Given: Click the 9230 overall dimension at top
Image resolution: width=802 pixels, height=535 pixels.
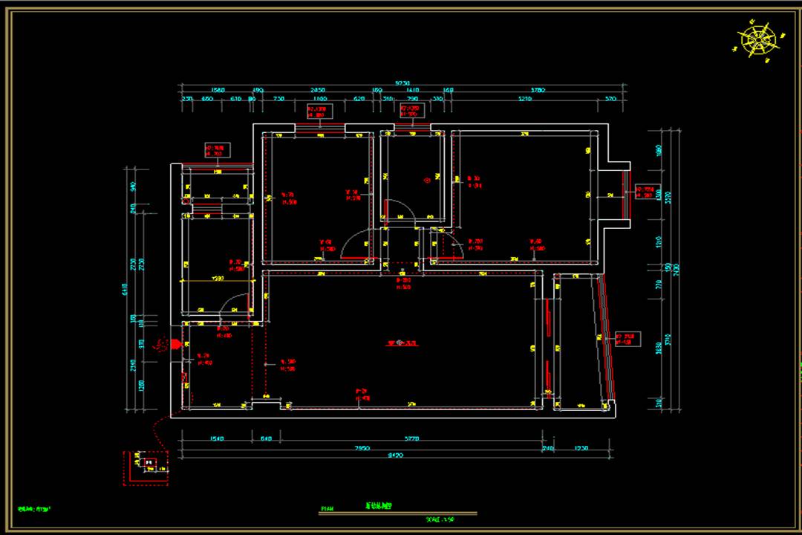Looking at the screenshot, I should click(x=402, y=82).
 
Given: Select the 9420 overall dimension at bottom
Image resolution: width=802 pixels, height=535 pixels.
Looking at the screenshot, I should click(x=395, y=455).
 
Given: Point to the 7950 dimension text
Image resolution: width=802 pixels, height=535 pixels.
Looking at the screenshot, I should click(x=362, y=448).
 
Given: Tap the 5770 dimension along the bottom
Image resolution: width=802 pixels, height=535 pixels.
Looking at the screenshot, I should click(x=411, y=439).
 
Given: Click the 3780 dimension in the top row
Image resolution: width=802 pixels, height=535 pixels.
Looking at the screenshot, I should click(x=538, y=90).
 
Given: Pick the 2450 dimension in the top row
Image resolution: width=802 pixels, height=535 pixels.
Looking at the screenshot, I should click(x=319, y=90).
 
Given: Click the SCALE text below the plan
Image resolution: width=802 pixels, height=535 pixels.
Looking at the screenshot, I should click(x=440, y=519).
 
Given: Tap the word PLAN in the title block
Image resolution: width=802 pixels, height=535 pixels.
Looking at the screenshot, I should click(x=327, y=510).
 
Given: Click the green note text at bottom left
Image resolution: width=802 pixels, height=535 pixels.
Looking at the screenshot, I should click(x=39, y=510).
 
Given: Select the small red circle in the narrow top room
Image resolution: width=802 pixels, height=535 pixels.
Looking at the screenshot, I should click(x=427, y=179).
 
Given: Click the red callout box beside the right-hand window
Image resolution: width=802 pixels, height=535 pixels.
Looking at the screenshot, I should click(x=648, y=192).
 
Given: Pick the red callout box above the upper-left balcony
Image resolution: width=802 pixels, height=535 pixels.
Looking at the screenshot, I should click(x=218, y=151).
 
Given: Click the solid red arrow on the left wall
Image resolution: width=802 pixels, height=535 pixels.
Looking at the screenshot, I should click(x=175, y=344).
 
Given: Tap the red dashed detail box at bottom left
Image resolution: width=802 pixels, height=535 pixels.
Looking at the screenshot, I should click(x=146, y=467).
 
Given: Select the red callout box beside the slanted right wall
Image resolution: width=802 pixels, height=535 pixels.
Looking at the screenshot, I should click(x=627, y=340).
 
